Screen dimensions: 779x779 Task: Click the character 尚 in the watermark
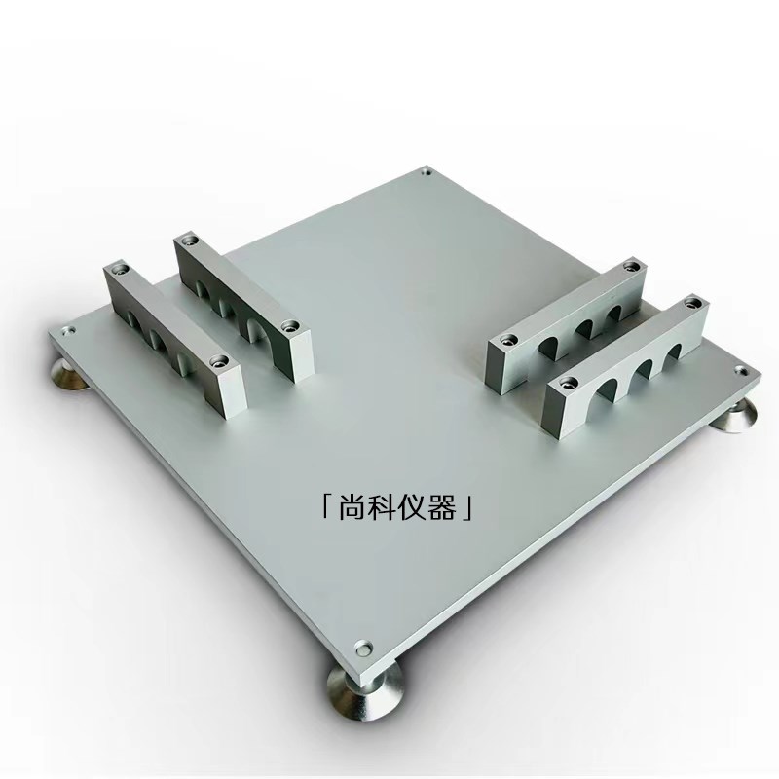point(352,507)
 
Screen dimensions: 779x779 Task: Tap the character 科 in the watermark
point(383,507)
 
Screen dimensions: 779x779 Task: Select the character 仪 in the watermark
point(413,507)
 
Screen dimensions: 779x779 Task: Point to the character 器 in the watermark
point(443,507)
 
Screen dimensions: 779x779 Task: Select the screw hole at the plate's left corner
point(67,329)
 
